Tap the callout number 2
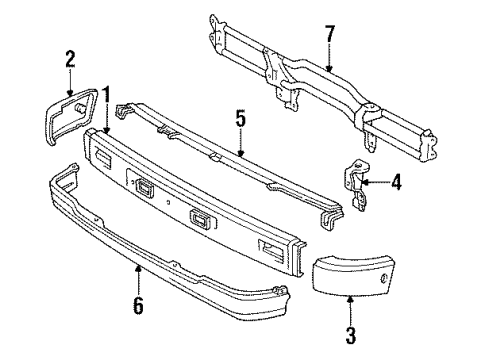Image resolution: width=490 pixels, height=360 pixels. [x=69, y=58]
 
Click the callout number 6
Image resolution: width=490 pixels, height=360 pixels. [x=138, y=305]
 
